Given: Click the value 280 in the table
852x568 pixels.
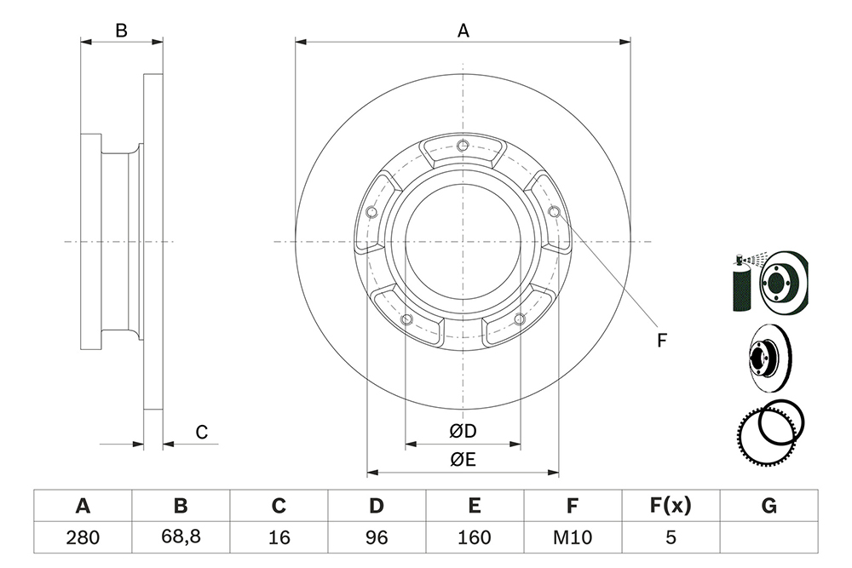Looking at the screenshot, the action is click(83, 537).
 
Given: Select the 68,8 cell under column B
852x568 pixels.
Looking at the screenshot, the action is click(181, 536).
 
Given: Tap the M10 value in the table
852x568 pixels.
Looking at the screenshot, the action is click(573, 537).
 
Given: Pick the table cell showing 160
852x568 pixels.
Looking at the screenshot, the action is click(475, 537).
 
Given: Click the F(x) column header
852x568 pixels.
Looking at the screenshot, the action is click(671, 506).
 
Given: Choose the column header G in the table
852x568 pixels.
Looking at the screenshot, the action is click(769, 506).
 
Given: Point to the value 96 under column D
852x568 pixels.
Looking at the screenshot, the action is click(377, 537).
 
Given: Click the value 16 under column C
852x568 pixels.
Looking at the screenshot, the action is click(279, 537).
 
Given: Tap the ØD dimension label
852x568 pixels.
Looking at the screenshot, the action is click(463, 431).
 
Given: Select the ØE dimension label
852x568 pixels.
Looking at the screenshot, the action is click(463, 460).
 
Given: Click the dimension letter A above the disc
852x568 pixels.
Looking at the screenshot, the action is click(463, 31).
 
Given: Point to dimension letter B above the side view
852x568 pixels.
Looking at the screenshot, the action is click(121, 31).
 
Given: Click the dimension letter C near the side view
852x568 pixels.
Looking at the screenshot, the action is click(202, 433).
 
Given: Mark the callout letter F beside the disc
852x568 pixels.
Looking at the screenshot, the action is click(661, 341).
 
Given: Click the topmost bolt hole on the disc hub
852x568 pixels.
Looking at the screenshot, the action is click(463, 145).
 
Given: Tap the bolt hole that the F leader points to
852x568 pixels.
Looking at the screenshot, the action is click(555, 211).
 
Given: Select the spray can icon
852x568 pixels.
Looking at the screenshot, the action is click(741, 283).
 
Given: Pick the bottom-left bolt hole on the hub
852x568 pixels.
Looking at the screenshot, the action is click(406, 318).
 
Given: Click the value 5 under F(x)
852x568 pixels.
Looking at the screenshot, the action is click(671, 537).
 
